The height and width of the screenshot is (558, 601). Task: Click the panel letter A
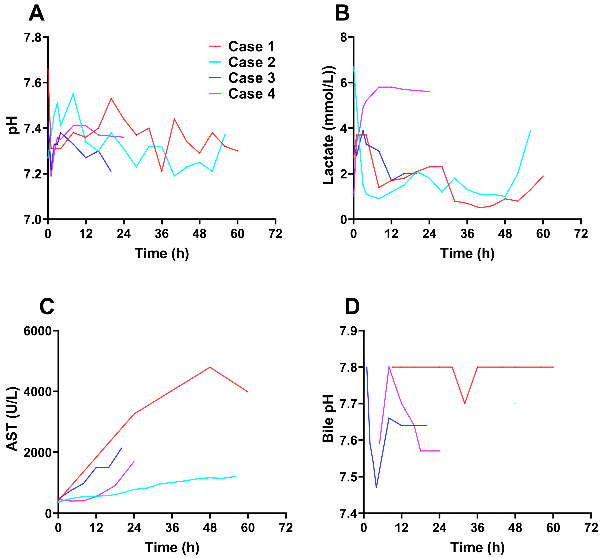coord(37,14)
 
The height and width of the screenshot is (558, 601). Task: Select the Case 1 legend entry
coord(242,46)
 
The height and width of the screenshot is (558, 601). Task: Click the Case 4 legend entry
coord(242,94)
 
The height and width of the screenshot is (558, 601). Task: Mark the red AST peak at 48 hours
coord(210,367)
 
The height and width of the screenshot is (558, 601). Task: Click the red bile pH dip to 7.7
coord(465,404)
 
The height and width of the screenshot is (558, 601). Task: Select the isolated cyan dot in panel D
coord(515,403)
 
